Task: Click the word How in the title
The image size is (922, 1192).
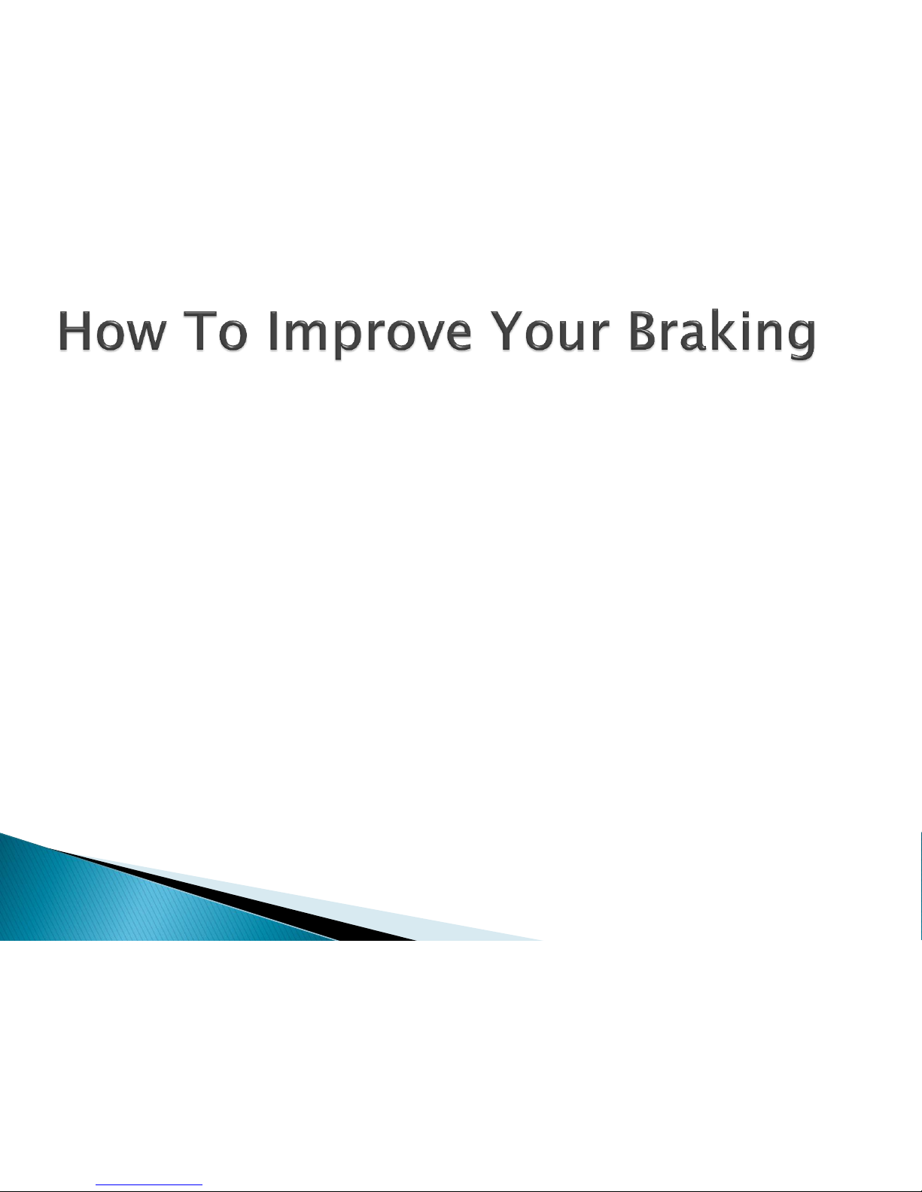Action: point(111,331)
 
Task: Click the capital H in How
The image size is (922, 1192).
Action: point(74,331)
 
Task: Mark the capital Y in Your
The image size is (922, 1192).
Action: point(507,331)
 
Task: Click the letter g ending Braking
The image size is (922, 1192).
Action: point(802,341)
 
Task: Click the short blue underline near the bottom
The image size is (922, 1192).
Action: point(149,1183)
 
